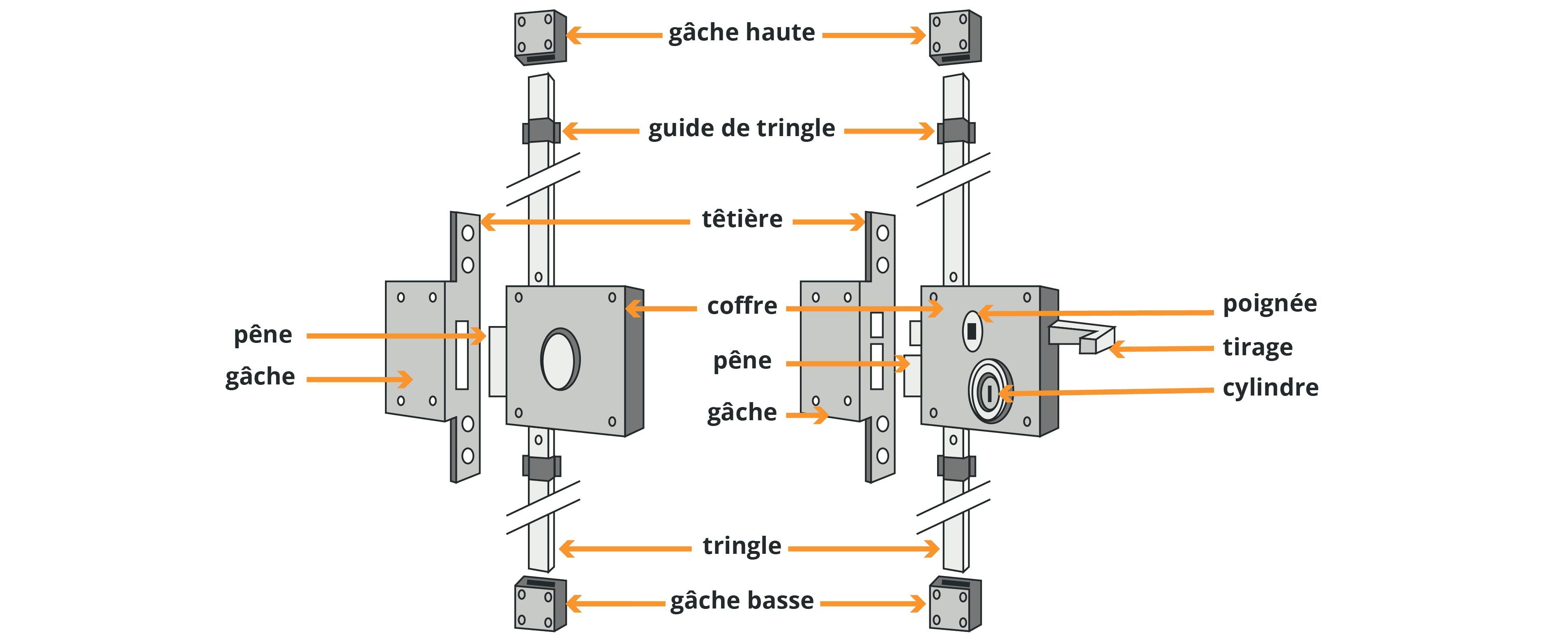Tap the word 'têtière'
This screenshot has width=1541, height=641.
tap(742, 219)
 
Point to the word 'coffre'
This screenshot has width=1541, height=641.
tap(742, 306)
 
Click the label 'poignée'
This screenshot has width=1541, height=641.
tap(1269, 304)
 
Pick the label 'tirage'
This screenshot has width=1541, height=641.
tap(1258, 347)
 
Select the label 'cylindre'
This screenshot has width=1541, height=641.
tap(1270, 388)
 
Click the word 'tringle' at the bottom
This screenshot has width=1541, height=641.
tap(742, 546)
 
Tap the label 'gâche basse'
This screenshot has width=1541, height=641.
tap(742, 600)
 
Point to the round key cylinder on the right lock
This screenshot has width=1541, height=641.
tap(990, 392)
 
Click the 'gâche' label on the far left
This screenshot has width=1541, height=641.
tap(260, 377)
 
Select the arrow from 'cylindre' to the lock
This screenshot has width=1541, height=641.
tap(1107, 391)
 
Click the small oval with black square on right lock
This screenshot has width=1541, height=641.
tap(972, 331)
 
